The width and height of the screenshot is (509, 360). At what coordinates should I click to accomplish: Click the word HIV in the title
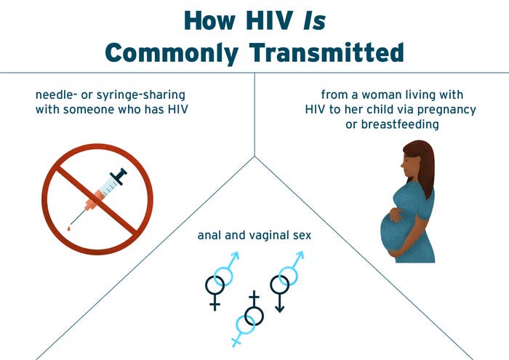click(x=269, y=21)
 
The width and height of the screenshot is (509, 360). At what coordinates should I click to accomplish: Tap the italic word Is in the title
click(x=314, y=21)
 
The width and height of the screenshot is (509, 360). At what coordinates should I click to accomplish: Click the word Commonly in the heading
click(x=172, y=53)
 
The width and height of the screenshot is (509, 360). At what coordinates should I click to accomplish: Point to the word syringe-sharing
click(x=141, y=95)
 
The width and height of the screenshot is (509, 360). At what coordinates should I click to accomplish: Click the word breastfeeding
click(x=400, y=124)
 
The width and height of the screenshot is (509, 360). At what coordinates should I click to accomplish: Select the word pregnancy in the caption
click(x=446, y=110)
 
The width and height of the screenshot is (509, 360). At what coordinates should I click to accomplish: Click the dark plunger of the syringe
click(x=119, y=176)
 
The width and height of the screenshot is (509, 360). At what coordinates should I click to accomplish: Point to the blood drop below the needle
click(x=69, y=229)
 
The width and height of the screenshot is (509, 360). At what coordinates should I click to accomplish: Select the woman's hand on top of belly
click(x=396, y=215)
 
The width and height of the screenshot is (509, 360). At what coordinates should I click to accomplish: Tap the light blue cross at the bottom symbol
click(x=236, y=342)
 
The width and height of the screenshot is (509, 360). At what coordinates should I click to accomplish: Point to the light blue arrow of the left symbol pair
click(x=233, y=260)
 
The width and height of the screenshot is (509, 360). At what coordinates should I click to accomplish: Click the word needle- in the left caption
click(x=53, y=95)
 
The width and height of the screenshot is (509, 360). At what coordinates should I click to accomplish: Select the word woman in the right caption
click(x=382, y=95)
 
